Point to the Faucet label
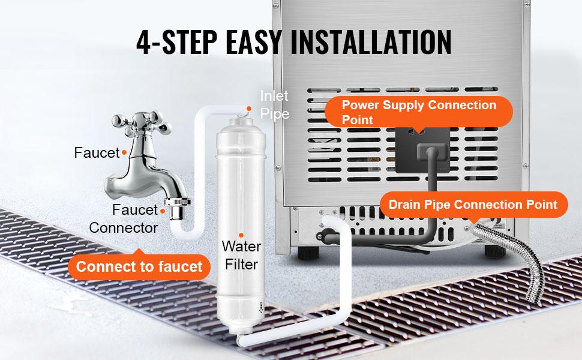97,152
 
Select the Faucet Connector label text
124,219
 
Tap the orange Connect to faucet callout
139,266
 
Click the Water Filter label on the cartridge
241,255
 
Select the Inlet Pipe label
275,104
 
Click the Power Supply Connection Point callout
419,112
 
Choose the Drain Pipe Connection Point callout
473,205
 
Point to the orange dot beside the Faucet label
124,153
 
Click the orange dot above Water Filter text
241,235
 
